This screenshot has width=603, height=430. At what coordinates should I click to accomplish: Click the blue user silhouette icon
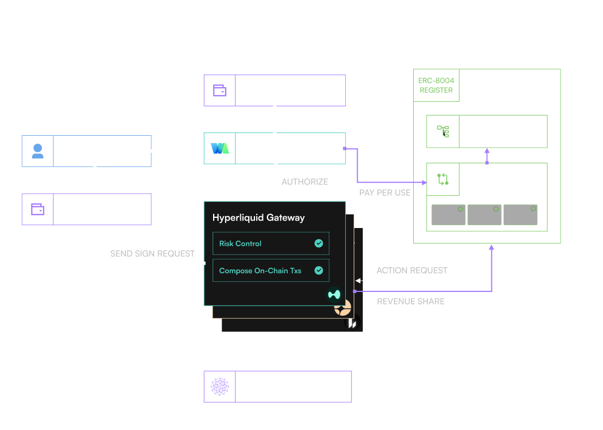[38, 151]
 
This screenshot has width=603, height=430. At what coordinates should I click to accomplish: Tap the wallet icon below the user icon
[38, 209]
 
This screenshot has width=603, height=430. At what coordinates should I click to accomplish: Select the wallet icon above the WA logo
[220, 91]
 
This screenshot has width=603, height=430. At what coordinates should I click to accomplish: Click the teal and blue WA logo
[220, 149]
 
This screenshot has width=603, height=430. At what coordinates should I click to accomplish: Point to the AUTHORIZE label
[305, 182]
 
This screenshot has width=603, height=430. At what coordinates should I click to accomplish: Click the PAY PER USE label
[385, 193]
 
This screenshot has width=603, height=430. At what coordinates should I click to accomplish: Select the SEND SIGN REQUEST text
[152, 254]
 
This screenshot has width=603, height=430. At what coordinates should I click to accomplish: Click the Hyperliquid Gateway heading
[258, 218]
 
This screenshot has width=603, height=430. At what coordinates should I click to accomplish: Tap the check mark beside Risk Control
[319, 243]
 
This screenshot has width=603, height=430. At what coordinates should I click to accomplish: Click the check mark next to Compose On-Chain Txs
[319, 270]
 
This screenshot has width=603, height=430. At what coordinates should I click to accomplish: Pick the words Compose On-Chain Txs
[260, 271]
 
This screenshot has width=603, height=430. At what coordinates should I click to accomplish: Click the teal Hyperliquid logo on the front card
[334, 294]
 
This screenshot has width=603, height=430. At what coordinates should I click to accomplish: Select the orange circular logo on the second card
[343, 309]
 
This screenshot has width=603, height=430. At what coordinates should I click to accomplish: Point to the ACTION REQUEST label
[412, 270]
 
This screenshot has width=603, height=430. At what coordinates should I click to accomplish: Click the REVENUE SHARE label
[411, 302]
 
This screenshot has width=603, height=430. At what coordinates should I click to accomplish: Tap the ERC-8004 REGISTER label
[436, 85]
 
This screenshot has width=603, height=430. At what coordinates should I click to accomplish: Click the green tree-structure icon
[443, 131]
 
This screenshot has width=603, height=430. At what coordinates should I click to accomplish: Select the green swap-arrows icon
[443, 180]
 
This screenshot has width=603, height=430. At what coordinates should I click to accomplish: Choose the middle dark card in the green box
[485, 214]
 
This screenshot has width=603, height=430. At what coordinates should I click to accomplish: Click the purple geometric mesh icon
[220, 386]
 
